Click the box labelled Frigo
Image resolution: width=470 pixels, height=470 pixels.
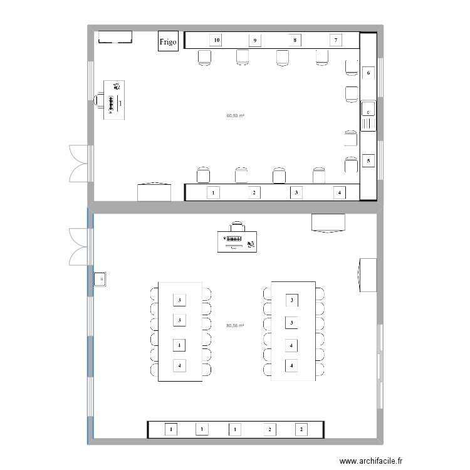(x=167, y=41)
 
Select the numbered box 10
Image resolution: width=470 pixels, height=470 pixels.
(x=216, y=40)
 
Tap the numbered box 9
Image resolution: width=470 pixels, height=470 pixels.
(x=254, y=40)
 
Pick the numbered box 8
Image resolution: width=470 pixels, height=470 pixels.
(x=295, y=40)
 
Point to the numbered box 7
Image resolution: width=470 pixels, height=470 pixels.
(x=336, y=40)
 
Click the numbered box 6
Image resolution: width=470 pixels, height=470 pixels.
(x=368, y=73)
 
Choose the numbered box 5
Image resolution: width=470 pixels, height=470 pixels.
(x=368, y=161)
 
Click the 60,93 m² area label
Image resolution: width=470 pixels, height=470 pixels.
(x=235, y=115)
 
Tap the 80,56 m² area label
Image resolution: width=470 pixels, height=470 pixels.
(x=235, y=325)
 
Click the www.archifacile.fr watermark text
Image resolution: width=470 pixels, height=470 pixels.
(x=367, y=459)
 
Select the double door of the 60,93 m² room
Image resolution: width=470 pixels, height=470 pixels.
(x=79, y=162)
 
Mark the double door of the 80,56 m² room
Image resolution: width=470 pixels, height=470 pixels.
(x=79, y=246)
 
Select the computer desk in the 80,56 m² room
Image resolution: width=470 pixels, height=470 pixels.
(x=237, y=241)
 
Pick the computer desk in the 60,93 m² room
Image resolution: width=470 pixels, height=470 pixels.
(x=115, y=99)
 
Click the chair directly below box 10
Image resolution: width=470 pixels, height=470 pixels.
(x=205, y=58)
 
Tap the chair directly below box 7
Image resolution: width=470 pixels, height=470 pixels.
(x=322, y=58)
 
